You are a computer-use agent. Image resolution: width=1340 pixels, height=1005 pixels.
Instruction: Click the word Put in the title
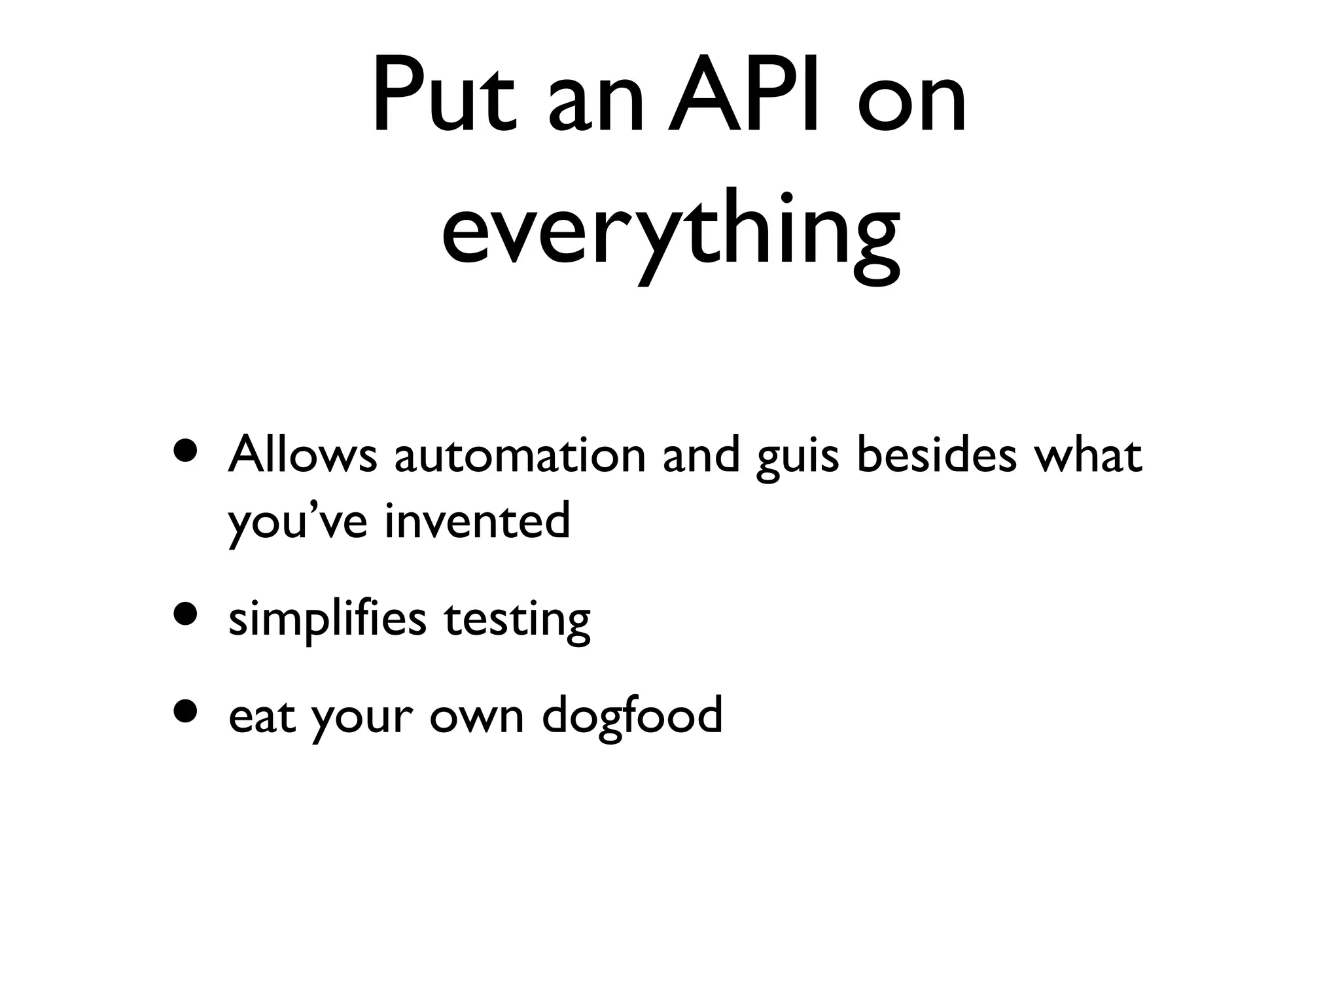(x=444, y=98)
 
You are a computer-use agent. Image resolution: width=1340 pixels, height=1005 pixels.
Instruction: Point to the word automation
(x=520, y=455)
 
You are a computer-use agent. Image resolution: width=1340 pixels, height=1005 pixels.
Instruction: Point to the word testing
(x=517, y=620)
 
